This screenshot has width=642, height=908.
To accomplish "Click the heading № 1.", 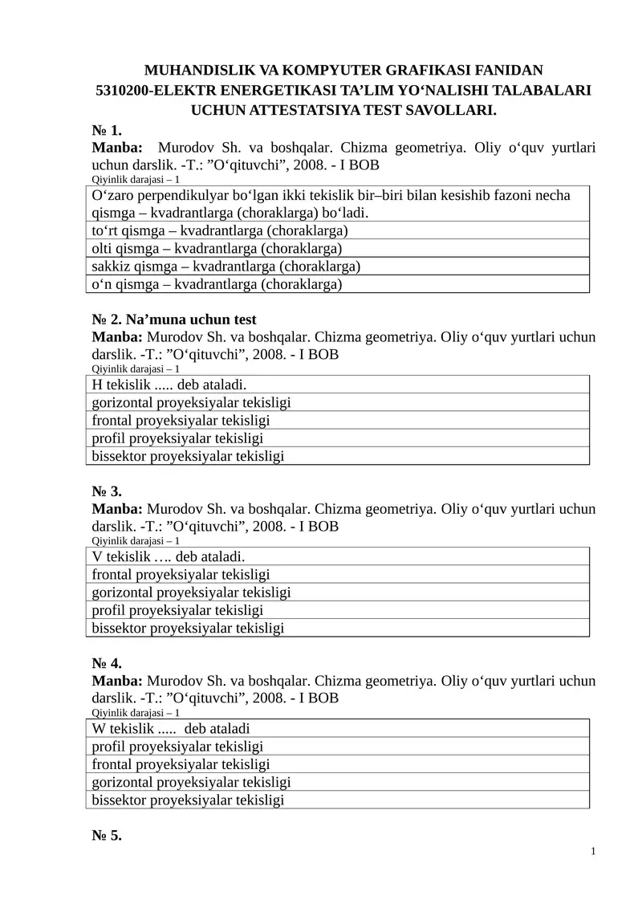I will [x=107, y=130].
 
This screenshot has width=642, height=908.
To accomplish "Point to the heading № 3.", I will [x=107, y=491].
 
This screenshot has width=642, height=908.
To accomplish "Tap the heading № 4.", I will [x=107, y=663].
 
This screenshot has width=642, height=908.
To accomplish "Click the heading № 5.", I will [x=107, y=835].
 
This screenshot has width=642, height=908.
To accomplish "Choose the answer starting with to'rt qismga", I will [x=219, y=231].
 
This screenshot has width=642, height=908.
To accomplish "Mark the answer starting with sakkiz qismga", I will [x=226, y=267].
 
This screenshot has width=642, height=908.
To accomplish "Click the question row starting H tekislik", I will [x=169, y=385].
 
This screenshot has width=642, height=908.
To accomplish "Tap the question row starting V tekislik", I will [x=169, y=557].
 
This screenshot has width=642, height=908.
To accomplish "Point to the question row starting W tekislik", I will [x=172, y=729].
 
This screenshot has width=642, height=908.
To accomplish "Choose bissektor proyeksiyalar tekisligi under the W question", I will [x=189, y=800].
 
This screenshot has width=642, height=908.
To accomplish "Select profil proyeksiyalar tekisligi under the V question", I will [x=178, y=610].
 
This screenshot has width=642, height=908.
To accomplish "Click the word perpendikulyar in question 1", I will [x=181, y=196].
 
